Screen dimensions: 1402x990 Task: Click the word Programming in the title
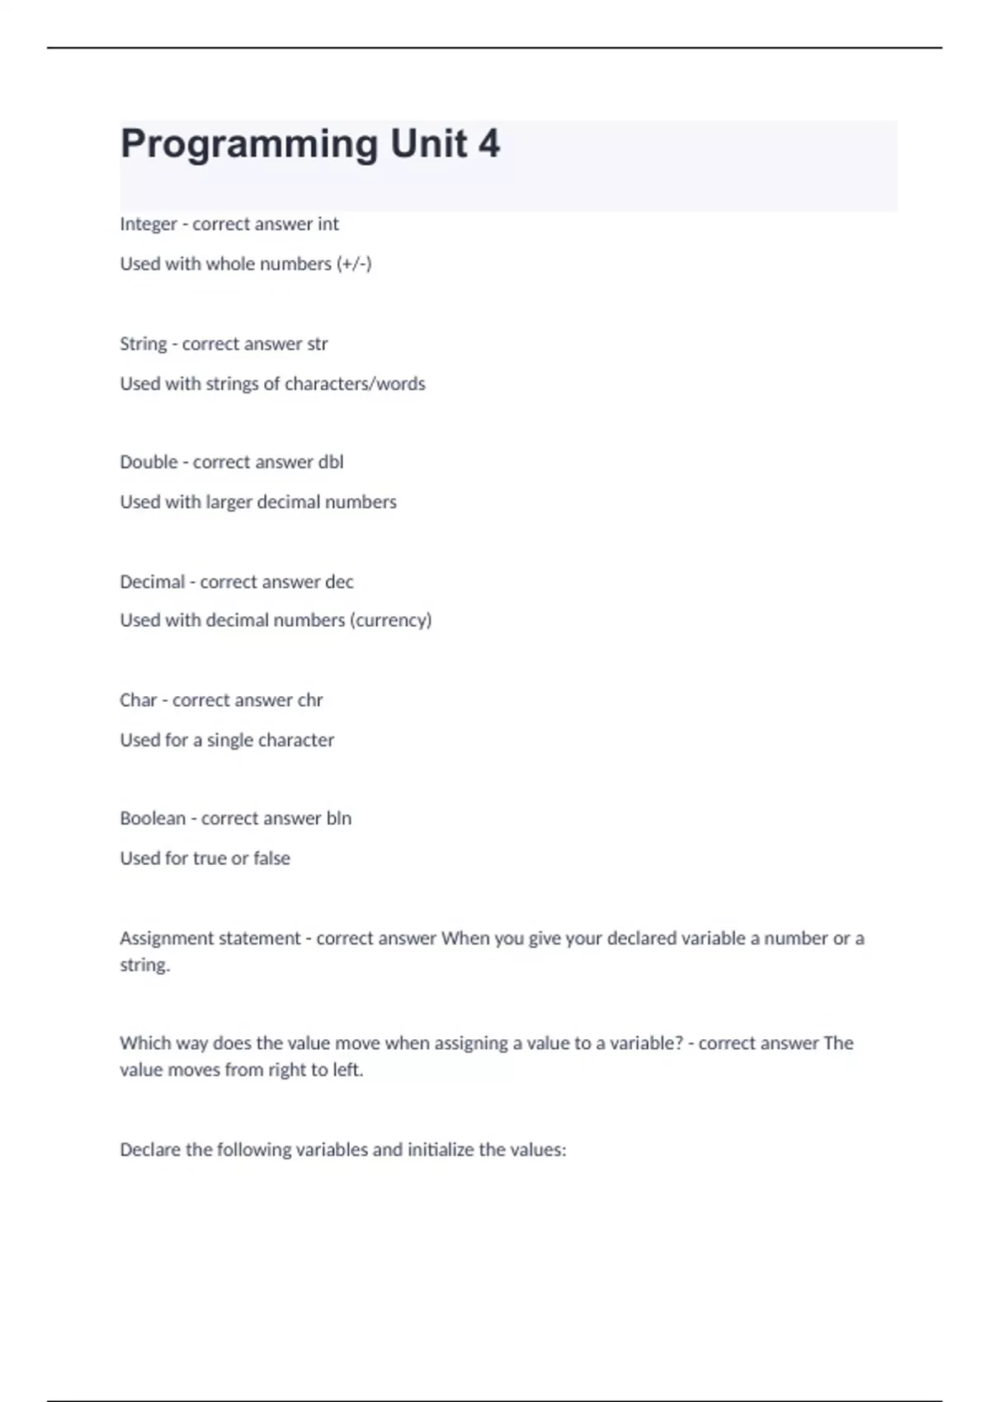pos(250,145)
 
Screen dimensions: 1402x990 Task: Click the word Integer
pos(148,224)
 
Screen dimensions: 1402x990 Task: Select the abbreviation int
pos(328,224)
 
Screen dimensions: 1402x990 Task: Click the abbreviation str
pos(317,344)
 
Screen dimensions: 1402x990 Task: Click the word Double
pos(148,462)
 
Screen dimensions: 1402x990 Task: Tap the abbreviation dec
pos(339,581)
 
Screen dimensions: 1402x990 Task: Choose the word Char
pos(138,700)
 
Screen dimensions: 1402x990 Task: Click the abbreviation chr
pos(310,700)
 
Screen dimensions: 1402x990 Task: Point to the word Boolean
pos(153,818)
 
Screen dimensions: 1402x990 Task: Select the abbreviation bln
pos(339,818)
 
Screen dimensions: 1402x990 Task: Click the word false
pos(271,858)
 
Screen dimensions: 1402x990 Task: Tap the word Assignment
pos(167,939)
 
